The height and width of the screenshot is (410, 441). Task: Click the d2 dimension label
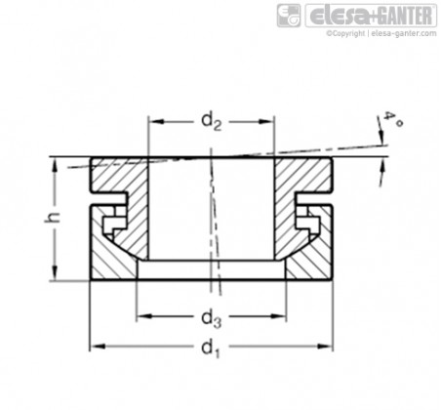point(212,121)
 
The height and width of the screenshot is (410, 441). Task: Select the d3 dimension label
point(212,318)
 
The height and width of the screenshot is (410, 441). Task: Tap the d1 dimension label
point(211,348)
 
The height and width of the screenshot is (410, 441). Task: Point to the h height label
point(53,218)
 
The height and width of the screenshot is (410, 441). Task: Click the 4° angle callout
point(393,120)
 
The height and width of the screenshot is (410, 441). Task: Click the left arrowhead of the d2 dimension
point(155,122)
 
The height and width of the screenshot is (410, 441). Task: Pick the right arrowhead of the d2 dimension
point(267,122)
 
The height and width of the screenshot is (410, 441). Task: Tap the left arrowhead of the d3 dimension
point(144,316)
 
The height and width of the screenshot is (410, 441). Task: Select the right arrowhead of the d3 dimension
point(279,316)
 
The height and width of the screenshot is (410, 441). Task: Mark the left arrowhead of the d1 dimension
point(97,347)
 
